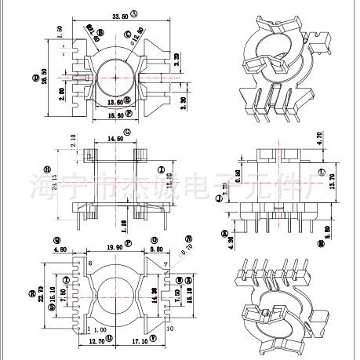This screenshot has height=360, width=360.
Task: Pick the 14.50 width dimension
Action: [116, 139]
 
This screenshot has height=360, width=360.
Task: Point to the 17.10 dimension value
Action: [140, 343]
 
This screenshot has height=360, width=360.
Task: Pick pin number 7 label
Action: [166, 263]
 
